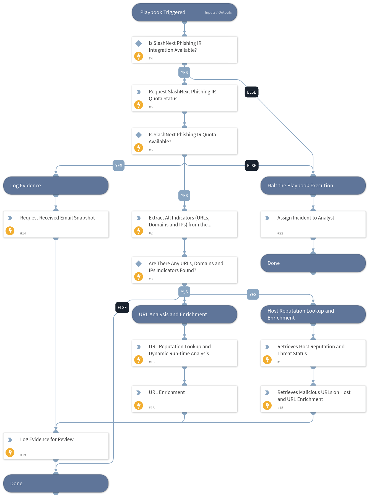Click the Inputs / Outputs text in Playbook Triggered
click(x=218, y=12)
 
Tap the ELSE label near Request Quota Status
click(x=251, y=92)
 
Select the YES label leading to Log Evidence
click(x=118, y=165)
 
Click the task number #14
click(x=23, y=233)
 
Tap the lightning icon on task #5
click(x=139, y=105)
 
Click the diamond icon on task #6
click(x=139, y=135)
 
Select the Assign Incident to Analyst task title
click(x=306, y=218)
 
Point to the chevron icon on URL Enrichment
click(x=139, y=393)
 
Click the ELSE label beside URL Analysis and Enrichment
click(x=122, y=307)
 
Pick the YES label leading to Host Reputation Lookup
click(x=253, y=294)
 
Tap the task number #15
click(x=280, y=408)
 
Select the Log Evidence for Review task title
click(x=47, y=440)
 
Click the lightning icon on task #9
click(x=267, y=360)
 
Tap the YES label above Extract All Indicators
click(x=184, y=195)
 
